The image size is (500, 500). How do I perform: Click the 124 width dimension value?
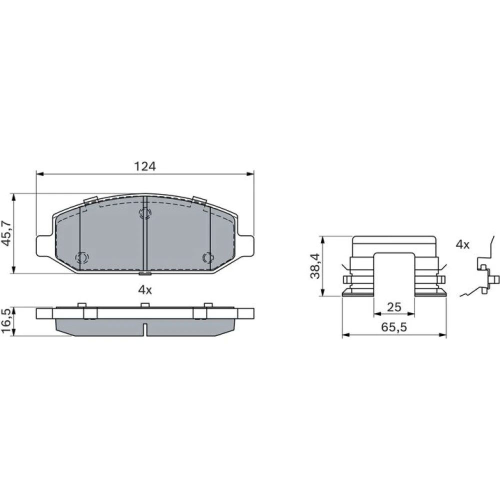coord(145,166)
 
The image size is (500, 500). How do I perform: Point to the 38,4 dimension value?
coord(315,266)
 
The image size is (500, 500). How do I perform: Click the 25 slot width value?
coord(394,307)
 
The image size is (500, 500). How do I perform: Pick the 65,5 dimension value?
coord(394,327)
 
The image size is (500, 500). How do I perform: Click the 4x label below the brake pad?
coord(145,289)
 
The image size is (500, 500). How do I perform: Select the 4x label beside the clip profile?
coord(462,244)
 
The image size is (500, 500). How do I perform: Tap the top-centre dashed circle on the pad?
coord(145,213)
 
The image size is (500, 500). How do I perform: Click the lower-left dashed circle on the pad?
coord(81,257)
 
